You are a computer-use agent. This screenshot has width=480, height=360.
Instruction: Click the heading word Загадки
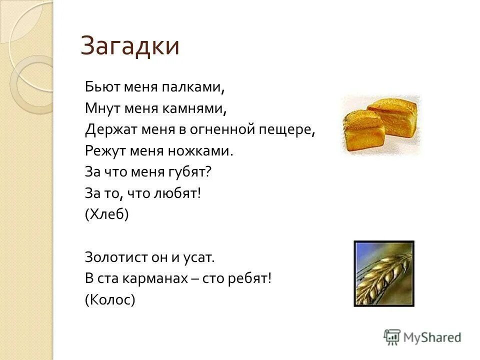pos(129,46)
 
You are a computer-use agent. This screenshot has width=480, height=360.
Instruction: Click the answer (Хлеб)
pos(107,214)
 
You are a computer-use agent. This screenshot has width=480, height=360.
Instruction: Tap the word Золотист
pos(115,257)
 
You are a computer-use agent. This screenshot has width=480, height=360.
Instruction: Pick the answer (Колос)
pos(110,299)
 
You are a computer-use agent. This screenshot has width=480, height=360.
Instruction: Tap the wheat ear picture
pos(384,273)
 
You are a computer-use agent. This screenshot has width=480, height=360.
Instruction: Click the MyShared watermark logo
pos(422,336)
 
